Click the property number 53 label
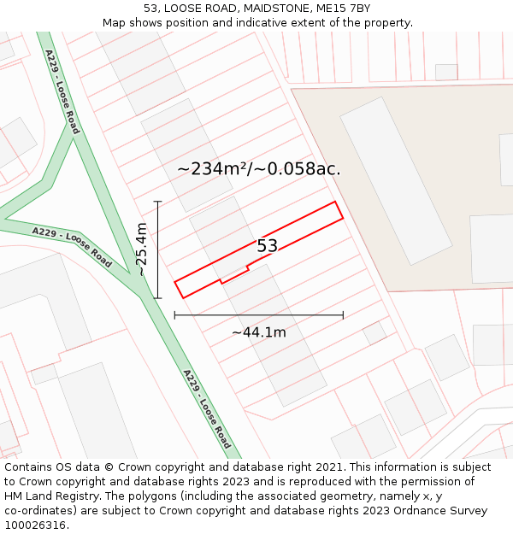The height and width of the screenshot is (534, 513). [x=268, y=246]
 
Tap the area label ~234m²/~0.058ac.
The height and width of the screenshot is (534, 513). [x=258, y=169]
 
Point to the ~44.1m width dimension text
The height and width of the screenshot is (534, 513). [x=258, y=332]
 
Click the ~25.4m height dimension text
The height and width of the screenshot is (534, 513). [x=142, y=249]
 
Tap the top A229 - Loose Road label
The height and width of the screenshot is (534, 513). [x=62, y=91]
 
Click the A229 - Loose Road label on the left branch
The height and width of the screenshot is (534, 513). [x=72, y=247]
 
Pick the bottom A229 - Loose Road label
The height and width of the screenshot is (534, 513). [x=206, y=409]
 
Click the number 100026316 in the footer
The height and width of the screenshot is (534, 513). [x=33, y=525]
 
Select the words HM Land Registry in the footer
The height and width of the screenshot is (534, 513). [x=50, y=496]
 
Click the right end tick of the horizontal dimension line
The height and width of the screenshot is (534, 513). [x=343, y=315]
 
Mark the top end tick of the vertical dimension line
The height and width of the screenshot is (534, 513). [x=157, y=202]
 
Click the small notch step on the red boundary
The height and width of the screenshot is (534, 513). [x=222, y=279]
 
